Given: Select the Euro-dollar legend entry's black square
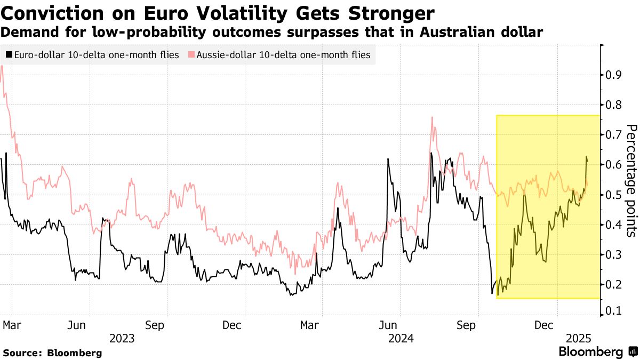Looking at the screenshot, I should [9, 55].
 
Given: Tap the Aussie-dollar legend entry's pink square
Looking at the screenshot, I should [191, 55].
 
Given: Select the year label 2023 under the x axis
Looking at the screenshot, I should [122, 338].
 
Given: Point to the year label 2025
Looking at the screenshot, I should [578, 338].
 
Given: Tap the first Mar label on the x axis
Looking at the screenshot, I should [11, 324].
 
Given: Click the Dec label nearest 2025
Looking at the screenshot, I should [544, 324].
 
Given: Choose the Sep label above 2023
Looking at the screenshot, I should [155, 324].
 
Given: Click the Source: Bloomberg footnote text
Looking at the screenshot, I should [52, 353].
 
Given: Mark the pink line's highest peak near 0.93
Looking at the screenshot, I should [3, 66].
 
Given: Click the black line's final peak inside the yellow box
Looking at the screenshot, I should [586, 157].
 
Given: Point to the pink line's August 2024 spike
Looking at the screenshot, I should [431, 118].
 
